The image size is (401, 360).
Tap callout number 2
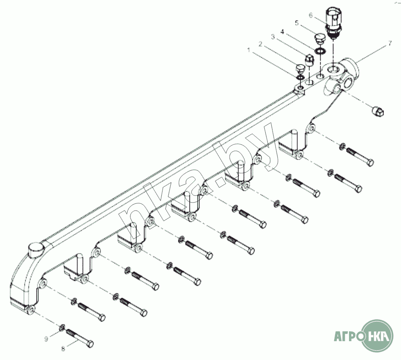260,44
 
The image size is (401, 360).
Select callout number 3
273,37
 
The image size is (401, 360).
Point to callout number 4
282,32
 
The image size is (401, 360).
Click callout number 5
297,23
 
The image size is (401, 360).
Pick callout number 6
311,15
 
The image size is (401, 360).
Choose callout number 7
390,44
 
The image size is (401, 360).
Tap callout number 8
63,348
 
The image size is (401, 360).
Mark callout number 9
46,339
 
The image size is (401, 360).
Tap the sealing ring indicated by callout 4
320,51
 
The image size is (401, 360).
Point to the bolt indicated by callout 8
80,338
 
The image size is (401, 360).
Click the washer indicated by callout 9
62,327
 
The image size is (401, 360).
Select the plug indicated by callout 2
300,68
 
